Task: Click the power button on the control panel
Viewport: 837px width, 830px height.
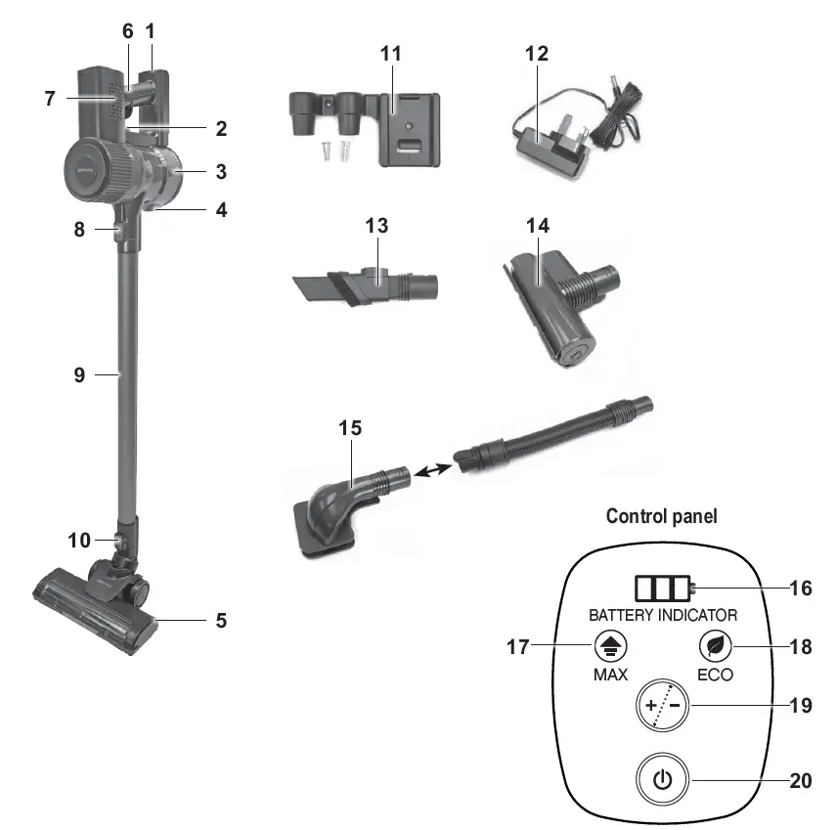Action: [662, 779]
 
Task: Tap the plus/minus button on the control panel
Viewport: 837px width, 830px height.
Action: [662, 705]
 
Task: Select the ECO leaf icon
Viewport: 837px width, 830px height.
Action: [715, 646]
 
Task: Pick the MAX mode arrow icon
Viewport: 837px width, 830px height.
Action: [611, 646]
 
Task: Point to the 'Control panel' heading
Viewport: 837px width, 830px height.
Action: [661, 516]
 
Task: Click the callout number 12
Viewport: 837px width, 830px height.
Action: [537, 54]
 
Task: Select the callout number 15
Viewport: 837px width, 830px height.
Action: [350, 427]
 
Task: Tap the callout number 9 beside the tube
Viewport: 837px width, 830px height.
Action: [79, 374]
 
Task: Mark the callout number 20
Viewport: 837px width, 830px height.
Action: [801, 780]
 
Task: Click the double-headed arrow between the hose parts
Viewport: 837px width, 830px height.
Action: [433, 470]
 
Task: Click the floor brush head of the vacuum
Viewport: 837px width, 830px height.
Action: [96, 608]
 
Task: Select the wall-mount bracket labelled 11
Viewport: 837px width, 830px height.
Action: [365, 128]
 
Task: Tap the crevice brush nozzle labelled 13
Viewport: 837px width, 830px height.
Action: [365, 285]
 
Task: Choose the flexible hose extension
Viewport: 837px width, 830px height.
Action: [553, 436]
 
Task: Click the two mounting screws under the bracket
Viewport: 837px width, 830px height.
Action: [335, 152]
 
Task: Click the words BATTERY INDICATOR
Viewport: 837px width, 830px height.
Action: [663, 616]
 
